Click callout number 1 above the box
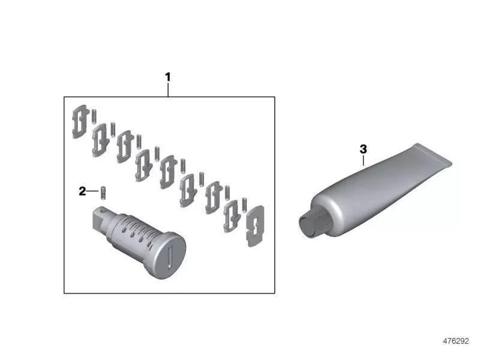[167, 77]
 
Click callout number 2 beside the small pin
[82, 191]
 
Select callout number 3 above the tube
[363, 149]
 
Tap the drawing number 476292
[456, 341]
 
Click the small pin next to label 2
[103, 193]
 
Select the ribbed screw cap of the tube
[314, 223]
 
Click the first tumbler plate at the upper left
[80, 122]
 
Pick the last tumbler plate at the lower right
[255, 226]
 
